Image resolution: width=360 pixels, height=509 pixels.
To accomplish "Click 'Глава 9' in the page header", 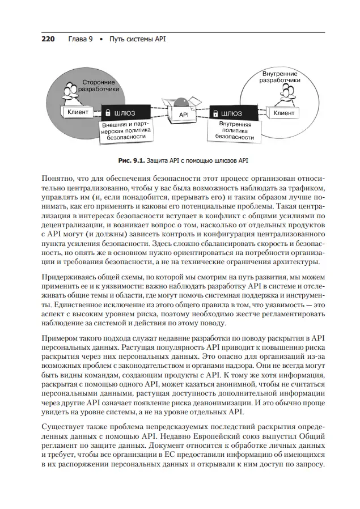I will (80, 40).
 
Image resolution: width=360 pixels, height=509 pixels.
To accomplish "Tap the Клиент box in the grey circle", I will (78, 112).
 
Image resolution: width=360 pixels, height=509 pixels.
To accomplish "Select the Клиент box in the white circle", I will (283, 113).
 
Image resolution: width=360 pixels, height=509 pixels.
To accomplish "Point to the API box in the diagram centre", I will (184, 114).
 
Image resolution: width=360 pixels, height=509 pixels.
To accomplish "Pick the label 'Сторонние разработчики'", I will (98, 86).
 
